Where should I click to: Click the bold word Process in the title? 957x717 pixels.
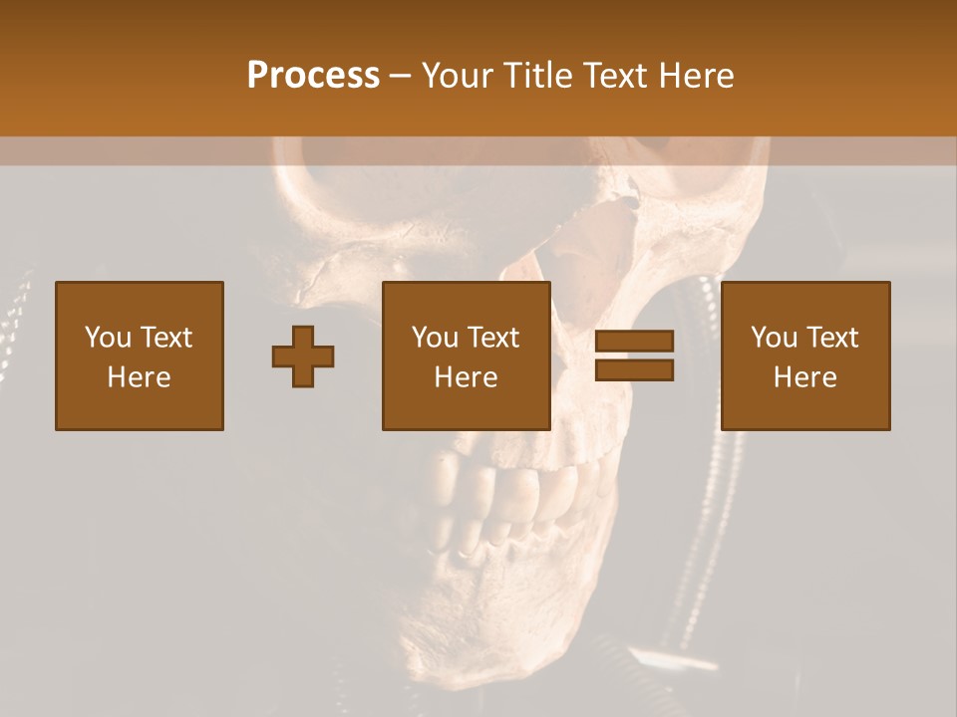(313, 76)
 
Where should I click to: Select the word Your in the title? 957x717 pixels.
(457, 76)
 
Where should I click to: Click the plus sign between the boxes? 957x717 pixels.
(303, 357)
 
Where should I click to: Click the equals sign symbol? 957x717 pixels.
(634, 356)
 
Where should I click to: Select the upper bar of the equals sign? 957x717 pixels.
(634, 342)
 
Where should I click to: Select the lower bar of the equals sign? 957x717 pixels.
(634, 369)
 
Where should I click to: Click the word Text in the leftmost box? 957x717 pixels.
(167, 338)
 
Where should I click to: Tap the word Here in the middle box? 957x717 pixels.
(467, 377)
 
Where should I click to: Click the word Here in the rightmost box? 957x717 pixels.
(805, 377)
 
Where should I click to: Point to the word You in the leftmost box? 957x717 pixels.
(108, 338)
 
